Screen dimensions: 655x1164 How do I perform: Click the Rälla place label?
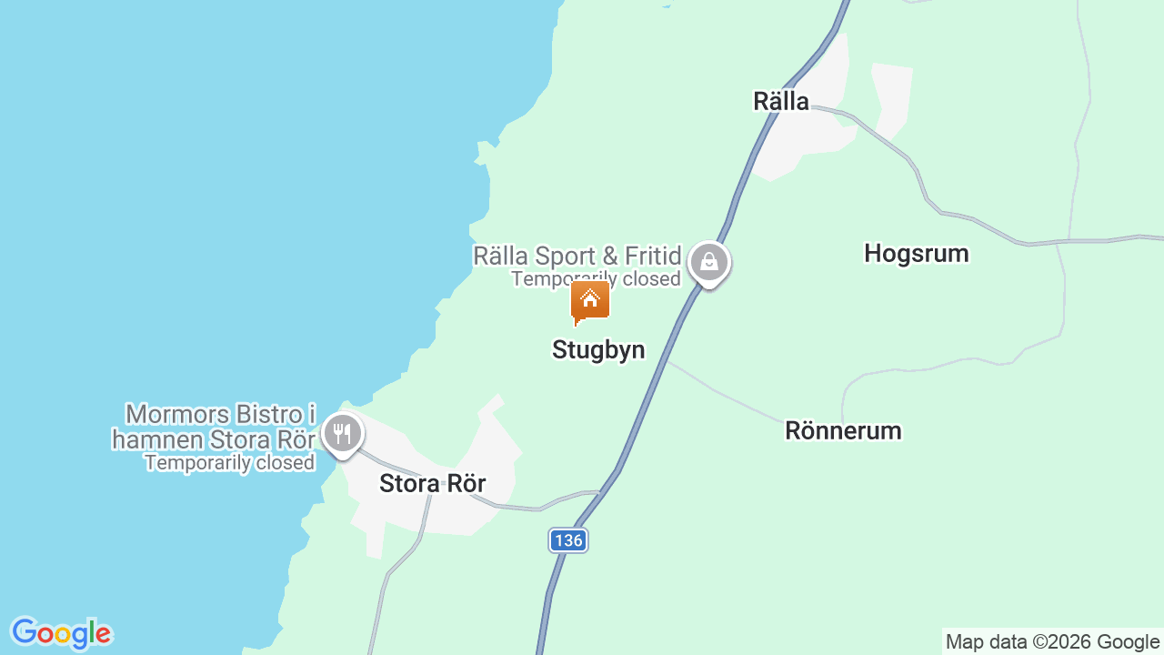coord(781,101)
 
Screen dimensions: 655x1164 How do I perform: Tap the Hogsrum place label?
coord(916,253)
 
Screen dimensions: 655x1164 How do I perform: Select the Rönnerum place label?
coord(843,430)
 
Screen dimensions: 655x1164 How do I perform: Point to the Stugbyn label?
coord(598,350)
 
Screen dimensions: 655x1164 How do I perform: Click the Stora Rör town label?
coord(433,484)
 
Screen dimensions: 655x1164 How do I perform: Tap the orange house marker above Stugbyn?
coord(590,301)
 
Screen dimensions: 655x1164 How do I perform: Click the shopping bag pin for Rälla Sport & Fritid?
coord(708,264)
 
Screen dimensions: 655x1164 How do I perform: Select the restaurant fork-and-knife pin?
coord(342,434)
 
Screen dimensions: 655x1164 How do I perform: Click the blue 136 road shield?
coord(568,540)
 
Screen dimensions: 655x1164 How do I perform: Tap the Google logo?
coord(61,634)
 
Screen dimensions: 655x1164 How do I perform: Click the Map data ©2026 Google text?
coord(1052,642)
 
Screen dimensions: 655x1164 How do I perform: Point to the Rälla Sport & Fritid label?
coord(577,256)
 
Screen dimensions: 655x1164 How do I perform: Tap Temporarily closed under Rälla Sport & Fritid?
coord(596,279)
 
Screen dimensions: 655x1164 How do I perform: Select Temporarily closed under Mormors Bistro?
coord(229,463)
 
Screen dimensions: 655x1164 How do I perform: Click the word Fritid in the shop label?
coord(652,256)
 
